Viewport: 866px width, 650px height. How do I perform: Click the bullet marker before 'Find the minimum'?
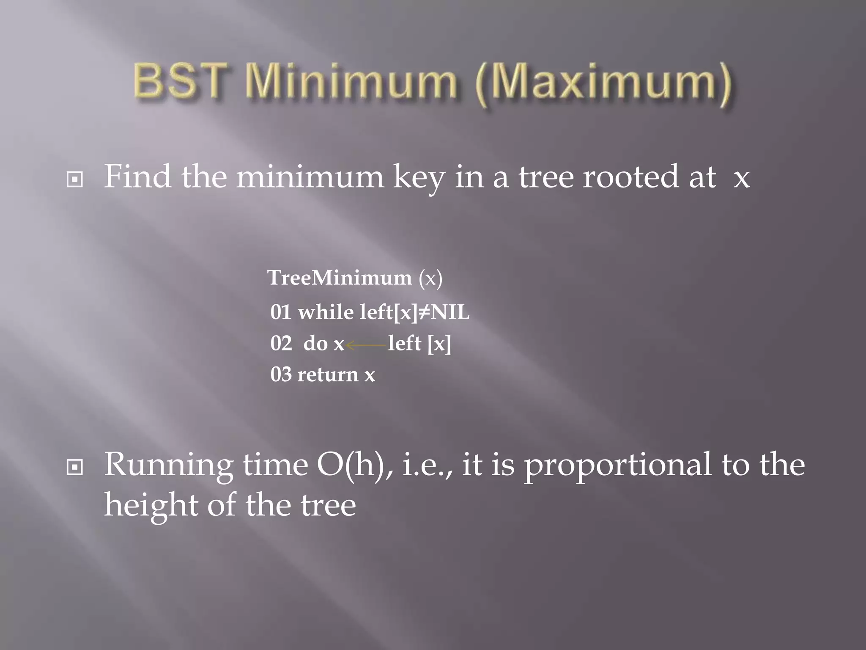click(x=75, y=180)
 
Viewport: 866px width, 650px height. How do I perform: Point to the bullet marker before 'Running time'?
click(x=75, y=467)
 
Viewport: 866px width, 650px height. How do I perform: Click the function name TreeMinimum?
click(x=340, y=278)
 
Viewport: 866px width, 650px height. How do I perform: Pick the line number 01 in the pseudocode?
click(x=281, y=312)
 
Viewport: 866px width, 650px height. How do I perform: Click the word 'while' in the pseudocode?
click(x=326, y=312)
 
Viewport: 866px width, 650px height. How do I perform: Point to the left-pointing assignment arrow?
click(x=366, y=345)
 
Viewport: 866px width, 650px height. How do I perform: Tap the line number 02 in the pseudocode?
click(x=281, y=343)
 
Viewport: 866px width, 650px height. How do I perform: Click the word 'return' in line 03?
click(x=328, y=375)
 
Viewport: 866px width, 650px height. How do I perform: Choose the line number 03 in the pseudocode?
click(x=281, y=375)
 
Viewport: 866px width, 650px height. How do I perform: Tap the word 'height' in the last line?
click(x=151, y=505)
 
